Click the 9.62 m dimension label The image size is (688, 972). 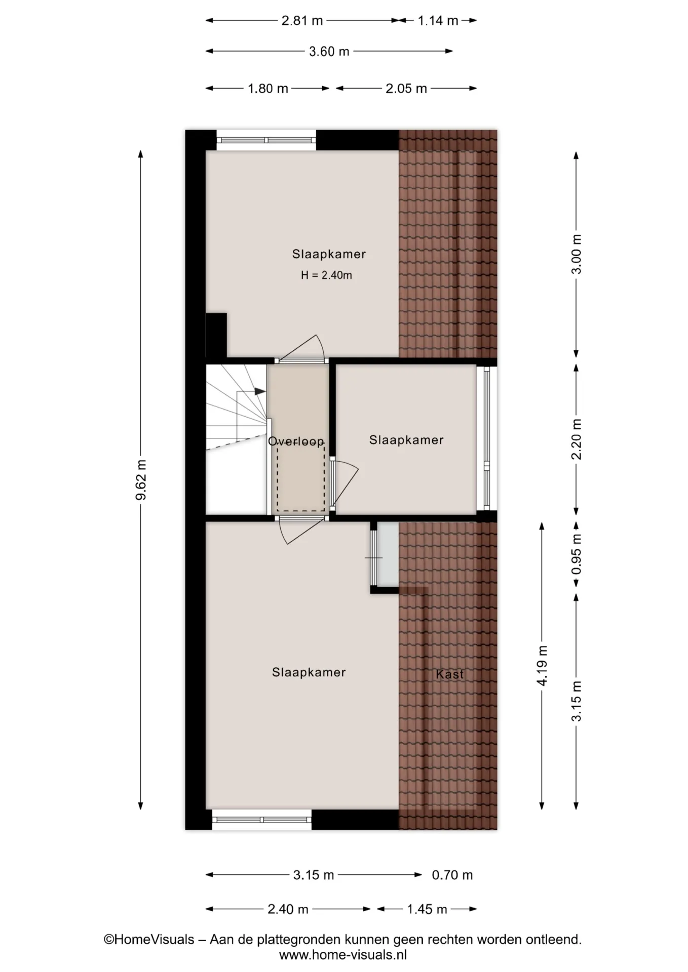(x=141, y=480)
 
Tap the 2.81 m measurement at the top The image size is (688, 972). (x=302, y=21)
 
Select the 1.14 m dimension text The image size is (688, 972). (x=438, y=21)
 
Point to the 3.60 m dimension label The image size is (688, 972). (x=329, y=52)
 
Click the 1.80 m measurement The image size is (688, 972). (x=267, y=89)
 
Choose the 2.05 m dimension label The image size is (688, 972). (x=406, y=89)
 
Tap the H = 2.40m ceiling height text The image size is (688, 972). (x=326, y=275)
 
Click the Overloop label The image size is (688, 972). (x=296, y=441)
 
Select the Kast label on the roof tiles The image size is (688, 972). (x=450, y=674)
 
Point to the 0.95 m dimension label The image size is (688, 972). (x=577, y=554)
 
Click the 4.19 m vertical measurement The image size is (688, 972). (x=542, y=666)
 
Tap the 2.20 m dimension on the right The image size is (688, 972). (x=577, y=439)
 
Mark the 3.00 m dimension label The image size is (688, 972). (x=577, y=254)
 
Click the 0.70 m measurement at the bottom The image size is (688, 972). (x=452, y=875)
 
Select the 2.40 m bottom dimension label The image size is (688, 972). (x=288, y=909)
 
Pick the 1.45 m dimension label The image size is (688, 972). (x=427, y=909)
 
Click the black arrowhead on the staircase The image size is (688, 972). (x=260, y=391)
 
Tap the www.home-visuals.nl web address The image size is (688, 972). (x=343, y=955)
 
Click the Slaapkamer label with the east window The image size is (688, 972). (x=406, y=440)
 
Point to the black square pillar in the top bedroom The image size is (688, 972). (x=216, y=335)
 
